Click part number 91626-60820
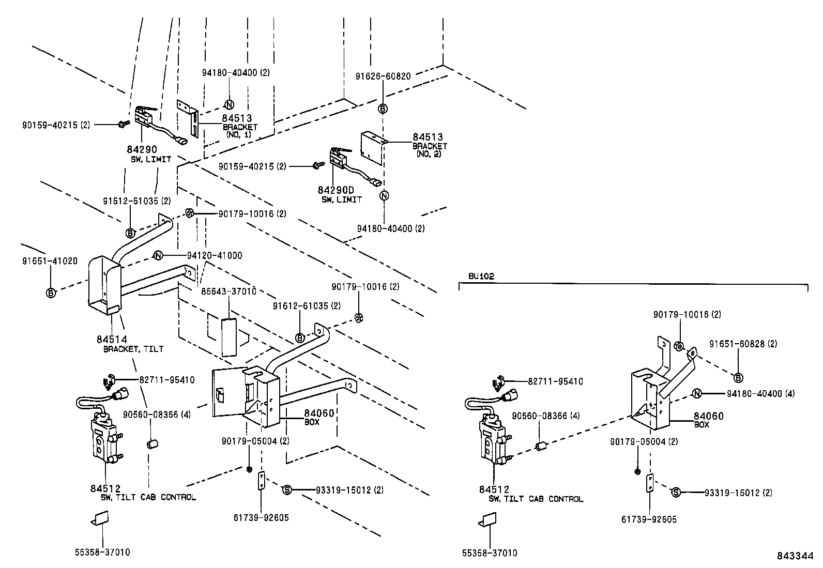[383, 76]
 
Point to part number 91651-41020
[50, 261]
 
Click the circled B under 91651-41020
[51, 293]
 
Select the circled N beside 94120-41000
[158, 255]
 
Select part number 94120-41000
[214, 255]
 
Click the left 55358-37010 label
[102, 552]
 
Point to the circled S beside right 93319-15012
[675, 493]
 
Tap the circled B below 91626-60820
[383, 109]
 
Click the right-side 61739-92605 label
[649, 520]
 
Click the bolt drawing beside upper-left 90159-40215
[123, 124]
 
